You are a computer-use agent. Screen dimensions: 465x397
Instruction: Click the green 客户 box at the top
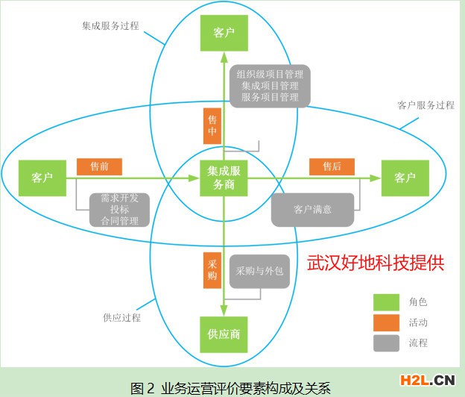pyautogui.click(x=224, y=33)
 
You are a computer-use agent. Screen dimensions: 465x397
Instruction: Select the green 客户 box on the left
pyautogui.click(x=42, y=178)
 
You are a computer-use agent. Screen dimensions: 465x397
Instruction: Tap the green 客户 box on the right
pyautogui.click(x=405, y=178)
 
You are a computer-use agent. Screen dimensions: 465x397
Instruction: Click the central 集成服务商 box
pyautogui.click(x=224, y=178)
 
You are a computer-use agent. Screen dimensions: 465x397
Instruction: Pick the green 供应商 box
pyautogui.click(x=224, y=334)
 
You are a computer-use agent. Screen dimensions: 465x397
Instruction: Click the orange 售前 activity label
pyautogui.click(x=99, y=166)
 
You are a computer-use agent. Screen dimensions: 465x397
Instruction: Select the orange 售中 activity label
pyautogui.click(x=212, y=126)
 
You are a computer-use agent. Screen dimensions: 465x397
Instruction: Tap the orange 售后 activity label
pyautogui.click(x=332, y=166)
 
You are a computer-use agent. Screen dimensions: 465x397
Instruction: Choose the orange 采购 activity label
pyautogui.click(x=212, y=270)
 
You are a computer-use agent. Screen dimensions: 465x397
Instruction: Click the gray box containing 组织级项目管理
pyautogui.click(x=271, y=86)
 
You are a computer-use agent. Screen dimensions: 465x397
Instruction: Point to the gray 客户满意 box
pyautogui.click(x=312, y=210)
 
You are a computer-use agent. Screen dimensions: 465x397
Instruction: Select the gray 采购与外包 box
pyautogui.click(x=260, y=271)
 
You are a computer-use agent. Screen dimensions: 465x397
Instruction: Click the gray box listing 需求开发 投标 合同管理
pyautogui.click(x=119, y=210)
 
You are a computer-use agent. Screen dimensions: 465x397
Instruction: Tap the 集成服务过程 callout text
pyautogui.click(x=110, y=26)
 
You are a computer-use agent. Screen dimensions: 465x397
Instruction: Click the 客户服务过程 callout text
pyautogui.click(x=426, y=105)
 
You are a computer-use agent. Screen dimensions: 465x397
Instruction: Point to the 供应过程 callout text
pyautogui.click(x=122, y=318)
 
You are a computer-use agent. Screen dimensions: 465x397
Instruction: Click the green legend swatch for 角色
pyautogui.click(x=386, y=302)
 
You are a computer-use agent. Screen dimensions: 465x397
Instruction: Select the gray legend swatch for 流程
pyautogui.click(x=386, y=343)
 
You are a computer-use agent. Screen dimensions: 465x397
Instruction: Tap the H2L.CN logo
pyautogui.click(x=427, y=381)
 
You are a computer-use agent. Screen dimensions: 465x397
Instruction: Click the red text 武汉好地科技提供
pyautogui.click(x=376, y=263)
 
